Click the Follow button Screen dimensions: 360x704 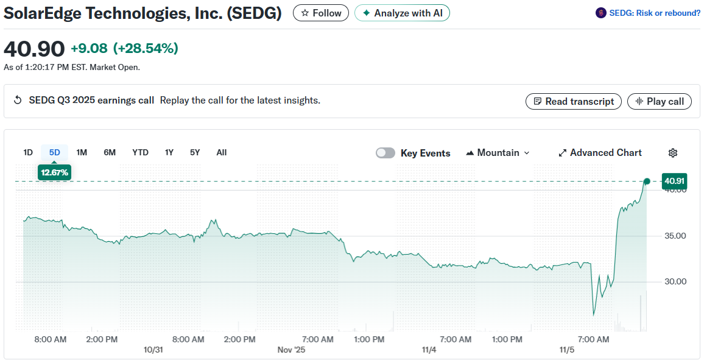321,13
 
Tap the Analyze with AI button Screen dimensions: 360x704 402,13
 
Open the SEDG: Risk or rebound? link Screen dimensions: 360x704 648,13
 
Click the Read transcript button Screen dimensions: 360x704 573,102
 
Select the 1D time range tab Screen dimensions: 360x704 28,152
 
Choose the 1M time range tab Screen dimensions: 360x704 82,152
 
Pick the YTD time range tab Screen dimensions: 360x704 140,152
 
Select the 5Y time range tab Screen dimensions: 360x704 195,152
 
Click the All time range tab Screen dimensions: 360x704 222,152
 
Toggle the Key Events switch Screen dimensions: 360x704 385,153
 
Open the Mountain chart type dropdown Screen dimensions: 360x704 498,153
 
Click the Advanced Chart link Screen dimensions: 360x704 600,153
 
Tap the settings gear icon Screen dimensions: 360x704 673,153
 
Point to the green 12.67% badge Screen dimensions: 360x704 54,172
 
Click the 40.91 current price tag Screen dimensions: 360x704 675,181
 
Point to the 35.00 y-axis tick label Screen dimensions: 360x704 675,236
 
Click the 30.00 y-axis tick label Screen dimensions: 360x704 675,281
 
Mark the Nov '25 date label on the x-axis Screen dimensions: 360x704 291,350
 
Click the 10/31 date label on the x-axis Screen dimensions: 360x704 153,350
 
